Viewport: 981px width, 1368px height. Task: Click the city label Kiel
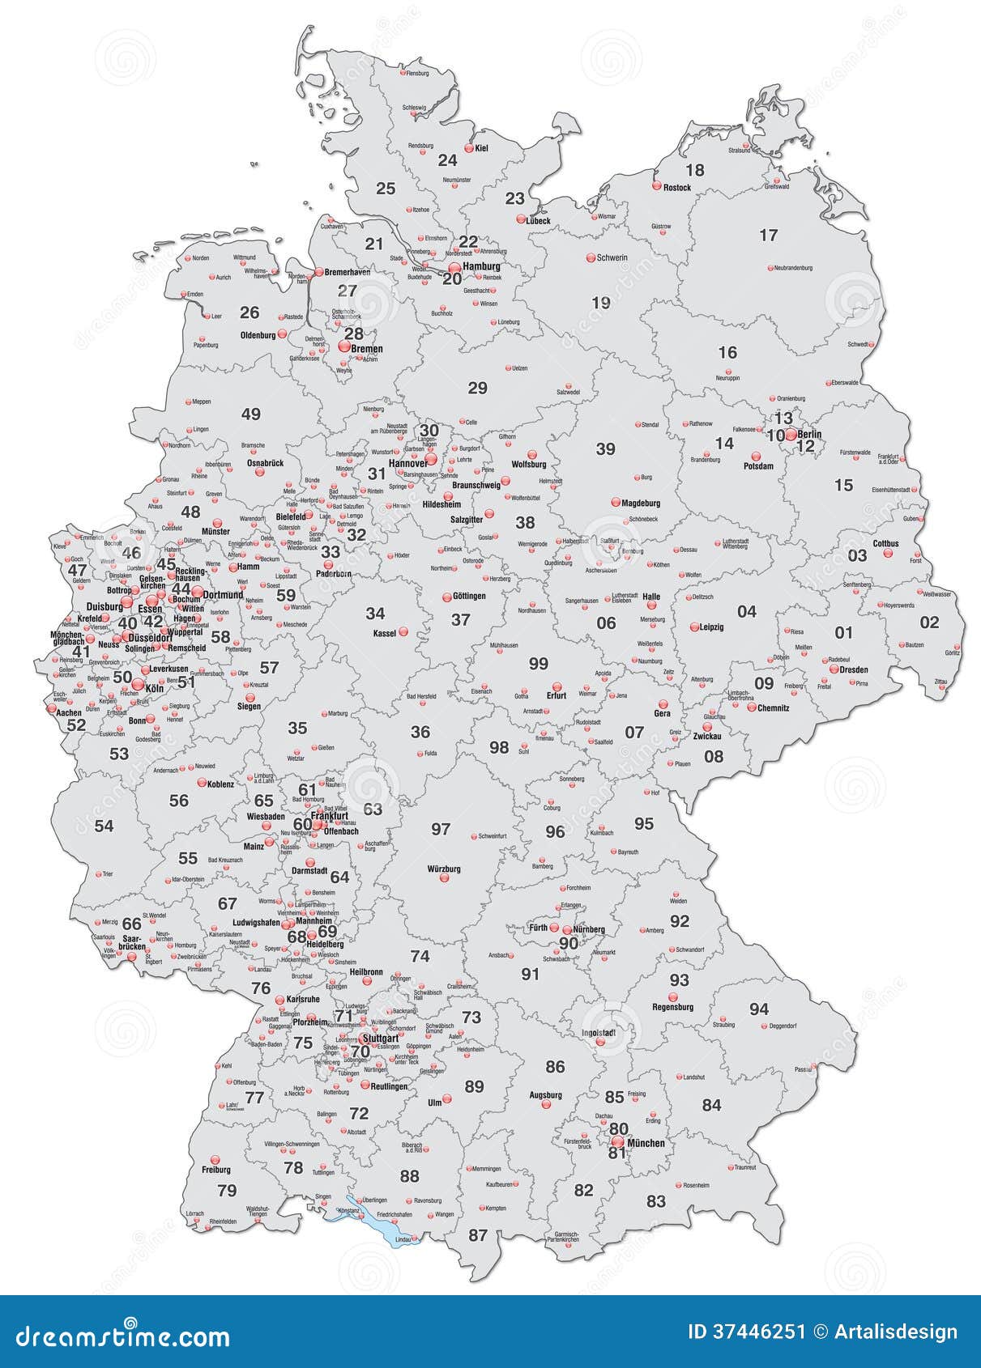click(481, 148)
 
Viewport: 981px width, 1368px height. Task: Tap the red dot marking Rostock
click(657, 186)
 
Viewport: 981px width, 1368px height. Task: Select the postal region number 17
click(768, 236)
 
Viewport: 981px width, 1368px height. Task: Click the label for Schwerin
click(612, 258)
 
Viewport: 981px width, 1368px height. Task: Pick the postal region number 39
click(605, 449)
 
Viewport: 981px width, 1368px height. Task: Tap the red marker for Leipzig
click(694, 627)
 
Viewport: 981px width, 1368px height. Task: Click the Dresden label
click(854, 669)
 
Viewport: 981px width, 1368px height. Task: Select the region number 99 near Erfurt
click(539, 664)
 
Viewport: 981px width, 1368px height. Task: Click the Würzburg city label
click(444, 869)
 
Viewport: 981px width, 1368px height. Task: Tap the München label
click(646, 1143)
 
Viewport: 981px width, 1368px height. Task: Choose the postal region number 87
click(478, 1234)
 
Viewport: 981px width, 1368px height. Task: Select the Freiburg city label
click(216, 1169)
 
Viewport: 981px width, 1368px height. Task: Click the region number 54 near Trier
click(104, 826)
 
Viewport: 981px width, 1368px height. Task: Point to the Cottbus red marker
click(888, 554)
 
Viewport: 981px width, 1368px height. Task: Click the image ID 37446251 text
click(746, 1332)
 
